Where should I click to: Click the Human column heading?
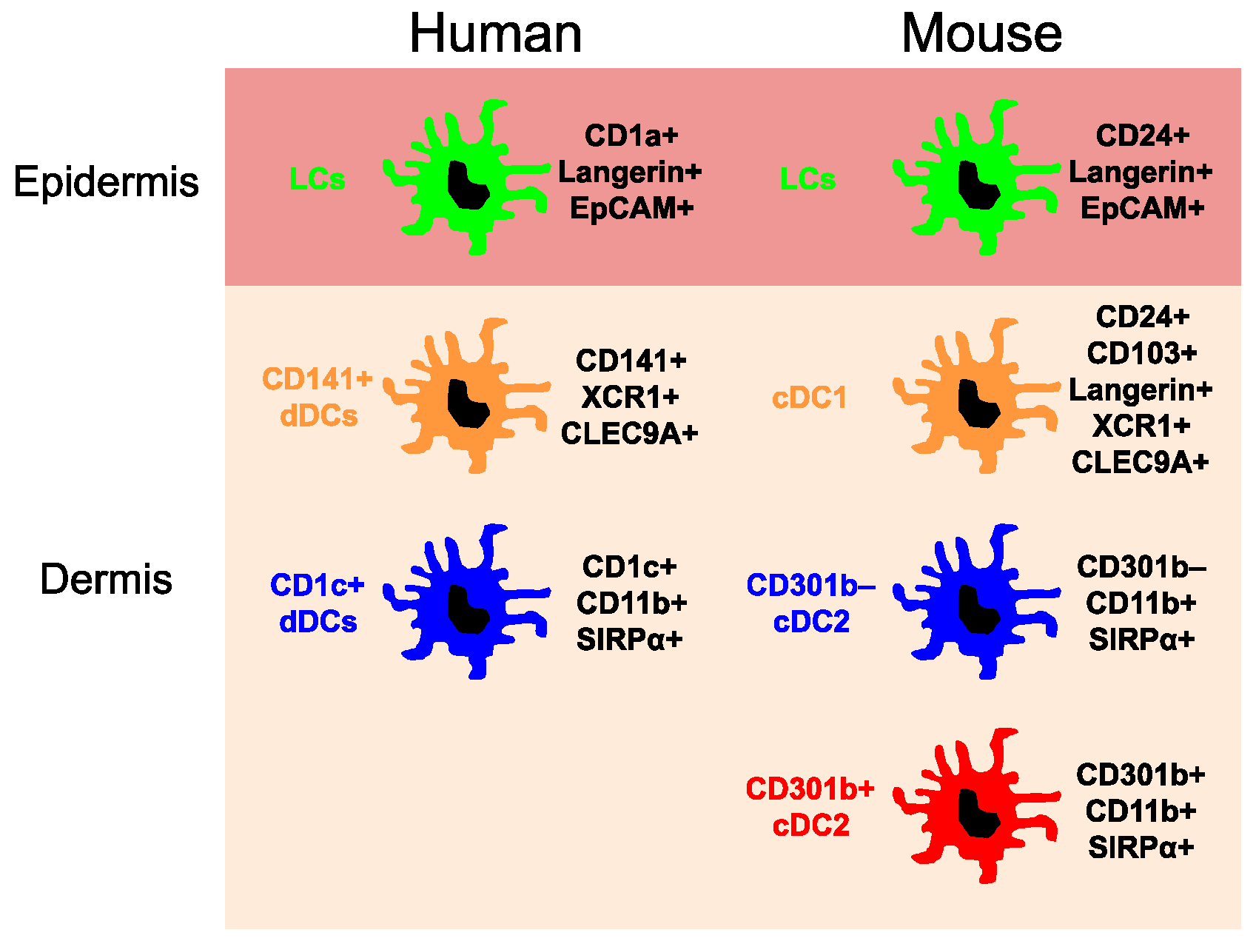click(x=495, y=34)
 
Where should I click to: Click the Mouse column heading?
click(x=981, y=34)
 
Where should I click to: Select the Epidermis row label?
click(x=106, y=181)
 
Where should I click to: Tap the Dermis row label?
click(x=106, y=579)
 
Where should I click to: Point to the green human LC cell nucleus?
click(x=467, y=185)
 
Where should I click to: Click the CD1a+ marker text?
click(x=631, y=135)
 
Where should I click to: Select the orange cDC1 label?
click(x=809, y=398)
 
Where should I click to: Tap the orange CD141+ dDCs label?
click(x=318, y=398)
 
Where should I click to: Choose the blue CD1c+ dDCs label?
click(x=318, y=603)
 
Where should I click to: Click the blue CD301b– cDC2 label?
click(x=810, y=603)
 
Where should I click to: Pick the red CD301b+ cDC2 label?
click(x=810, y=807)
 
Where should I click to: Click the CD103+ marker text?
click(x=1141, y=353)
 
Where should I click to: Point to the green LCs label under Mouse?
click(x=807, y=179)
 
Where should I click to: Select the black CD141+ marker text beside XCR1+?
click(x=631, y=361)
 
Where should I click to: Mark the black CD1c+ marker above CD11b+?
click(x=629, y=567)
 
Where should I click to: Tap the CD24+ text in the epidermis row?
click(x=1142, y=135)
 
